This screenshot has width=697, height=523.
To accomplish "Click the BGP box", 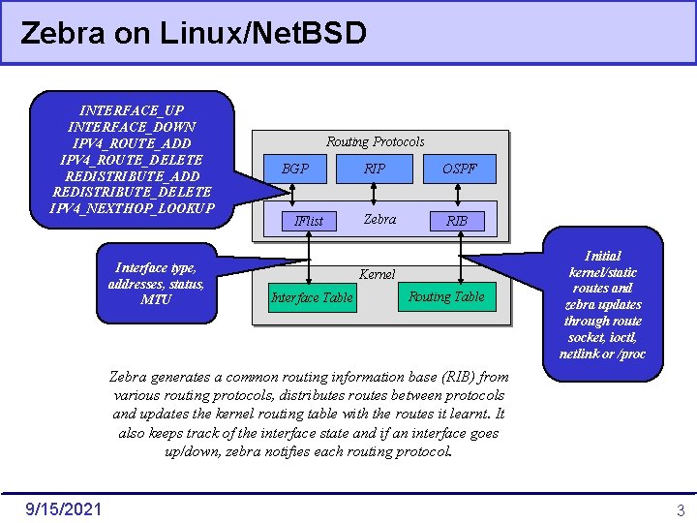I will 295,169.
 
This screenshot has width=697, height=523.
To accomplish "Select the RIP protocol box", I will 375,169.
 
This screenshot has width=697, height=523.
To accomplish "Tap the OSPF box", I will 460,169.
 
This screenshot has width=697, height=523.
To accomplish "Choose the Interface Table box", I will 312,297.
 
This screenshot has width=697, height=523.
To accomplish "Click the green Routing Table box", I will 446,296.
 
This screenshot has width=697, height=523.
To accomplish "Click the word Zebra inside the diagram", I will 379,219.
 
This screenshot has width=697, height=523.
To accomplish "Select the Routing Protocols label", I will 375,141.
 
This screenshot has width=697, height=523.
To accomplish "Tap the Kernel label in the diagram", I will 377,274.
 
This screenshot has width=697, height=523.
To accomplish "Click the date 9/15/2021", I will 65,508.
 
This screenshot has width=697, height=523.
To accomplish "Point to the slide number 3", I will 681,509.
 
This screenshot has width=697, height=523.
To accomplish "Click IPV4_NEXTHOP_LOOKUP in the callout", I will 132,209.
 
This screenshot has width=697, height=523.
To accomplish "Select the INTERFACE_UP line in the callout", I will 132,110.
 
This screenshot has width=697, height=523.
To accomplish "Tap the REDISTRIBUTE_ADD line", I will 132,176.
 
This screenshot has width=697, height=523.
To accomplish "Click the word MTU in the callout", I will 156,299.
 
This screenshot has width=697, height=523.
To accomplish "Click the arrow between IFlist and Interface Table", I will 309,258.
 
